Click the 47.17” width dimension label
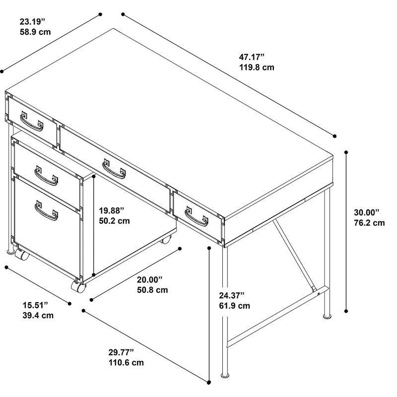tap(252, 57)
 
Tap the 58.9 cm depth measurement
tap(35, 32)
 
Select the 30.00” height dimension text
tap(367, 212)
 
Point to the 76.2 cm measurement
tap(369, 223)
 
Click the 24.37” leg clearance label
tap(232, 295)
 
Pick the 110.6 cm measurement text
tap(126, 363)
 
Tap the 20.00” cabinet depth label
tap(150, 280)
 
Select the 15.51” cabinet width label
tap(35, 305)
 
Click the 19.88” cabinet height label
tap(111, 210)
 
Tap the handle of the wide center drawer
tap(114, 170)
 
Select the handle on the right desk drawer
tap(196, 217)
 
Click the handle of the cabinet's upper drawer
tap(46, 176)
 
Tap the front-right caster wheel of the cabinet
tap(78, 286)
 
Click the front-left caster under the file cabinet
tap(22, 255)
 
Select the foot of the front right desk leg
tap(225, 375)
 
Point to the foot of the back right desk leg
tap(327, 316)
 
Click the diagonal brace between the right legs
tap(294, 255)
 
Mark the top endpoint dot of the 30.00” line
tap(346, 152)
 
